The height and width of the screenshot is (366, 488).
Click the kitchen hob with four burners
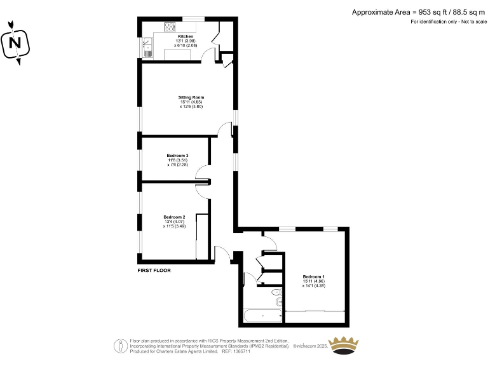point(171,27)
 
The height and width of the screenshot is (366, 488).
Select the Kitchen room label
point(186,37)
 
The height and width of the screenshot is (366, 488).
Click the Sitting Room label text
point(191,97)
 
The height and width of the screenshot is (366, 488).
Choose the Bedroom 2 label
point(173,217)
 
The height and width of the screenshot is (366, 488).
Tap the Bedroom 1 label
point(313,276)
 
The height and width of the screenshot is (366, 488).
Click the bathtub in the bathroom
point(262,315)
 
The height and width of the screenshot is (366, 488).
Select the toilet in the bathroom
point(276,293)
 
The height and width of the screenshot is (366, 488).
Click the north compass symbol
point(15,43)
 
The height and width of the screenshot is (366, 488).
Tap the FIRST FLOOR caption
point(154,270)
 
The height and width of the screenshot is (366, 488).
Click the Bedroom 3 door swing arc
point(201,172)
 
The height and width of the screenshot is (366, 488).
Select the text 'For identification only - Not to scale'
point(447,22)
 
